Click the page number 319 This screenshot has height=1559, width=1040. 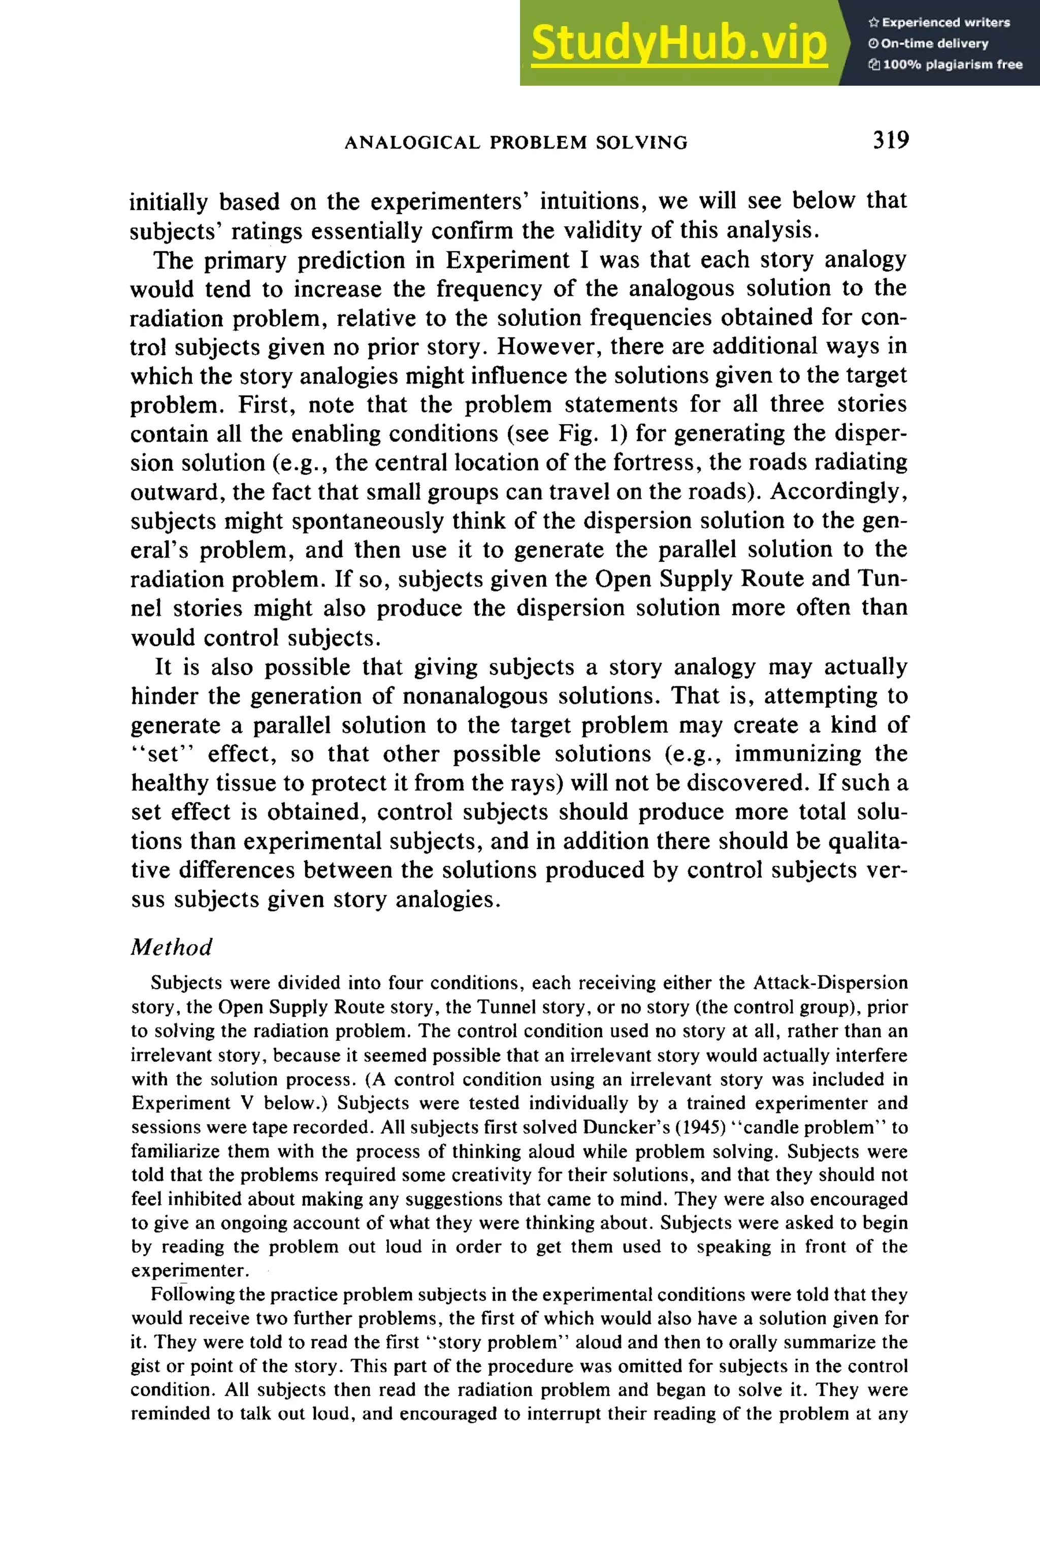890,140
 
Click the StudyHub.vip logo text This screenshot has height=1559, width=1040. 678,43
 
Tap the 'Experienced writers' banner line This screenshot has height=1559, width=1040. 938,22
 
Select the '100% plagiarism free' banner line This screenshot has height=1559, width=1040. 945,65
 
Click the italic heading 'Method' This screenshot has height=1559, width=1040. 171,947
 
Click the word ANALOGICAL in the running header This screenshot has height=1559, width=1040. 412,143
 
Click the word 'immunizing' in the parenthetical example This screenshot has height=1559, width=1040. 799,754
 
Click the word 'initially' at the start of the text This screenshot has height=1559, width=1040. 168,201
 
